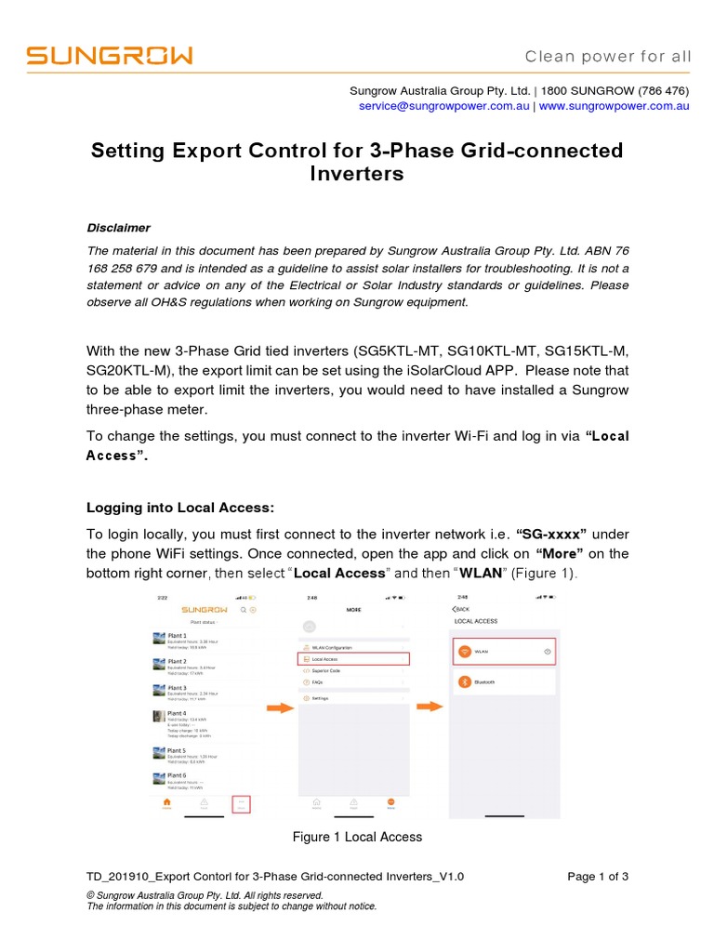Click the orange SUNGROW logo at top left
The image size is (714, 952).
point(110,56)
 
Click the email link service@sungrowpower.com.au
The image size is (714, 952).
point(443,106)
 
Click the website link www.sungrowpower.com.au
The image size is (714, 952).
point(614,106)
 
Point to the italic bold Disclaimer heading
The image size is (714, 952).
point(118,228)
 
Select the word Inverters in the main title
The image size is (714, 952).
point(356,174)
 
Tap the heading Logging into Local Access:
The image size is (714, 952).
point(180,508)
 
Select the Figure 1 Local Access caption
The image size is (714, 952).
point(357,837)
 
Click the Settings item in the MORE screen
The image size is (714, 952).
point(320,697)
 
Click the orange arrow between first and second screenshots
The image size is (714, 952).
point(280,708)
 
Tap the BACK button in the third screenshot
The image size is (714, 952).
point(461,609)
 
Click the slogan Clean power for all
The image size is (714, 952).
point(608,57)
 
